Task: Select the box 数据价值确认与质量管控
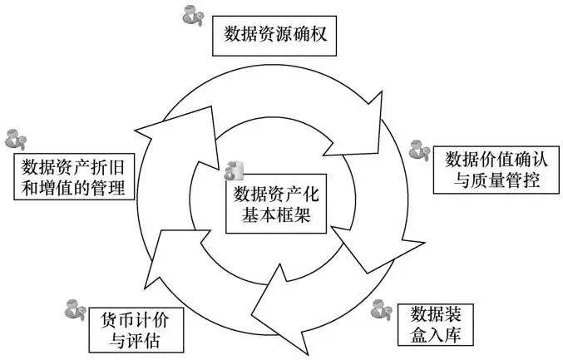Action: (492, 170)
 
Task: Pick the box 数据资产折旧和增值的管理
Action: (75, 176)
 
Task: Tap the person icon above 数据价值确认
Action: (419, 150)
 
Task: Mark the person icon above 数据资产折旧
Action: (16, 139)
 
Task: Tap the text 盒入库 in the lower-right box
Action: (442, 335)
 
